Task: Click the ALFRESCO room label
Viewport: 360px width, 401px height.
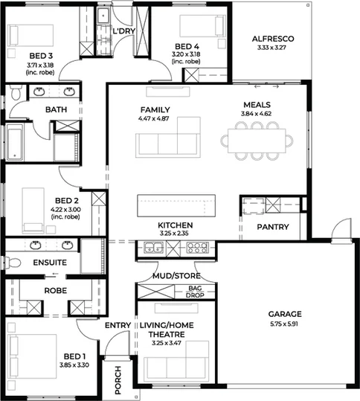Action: click(272, 38)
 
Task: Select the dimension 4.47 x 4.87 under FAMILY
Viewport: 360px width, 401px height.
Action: click(155, 118)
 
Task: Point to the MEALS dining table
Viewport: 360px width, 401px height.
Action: click(257, 139)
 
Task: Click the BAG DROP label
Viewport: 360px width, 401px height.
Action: click(196, 291)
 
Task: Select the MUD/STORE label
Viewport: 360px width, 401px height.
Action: click(176, 276)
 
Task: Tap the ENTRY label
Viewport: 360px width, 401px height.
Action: click(118, 325)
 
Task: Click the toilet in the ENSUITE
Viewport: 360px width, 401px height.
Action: click(13, 262)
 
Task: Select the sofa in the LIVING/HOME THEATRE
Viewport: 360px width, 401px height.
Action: click(176, 367)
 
